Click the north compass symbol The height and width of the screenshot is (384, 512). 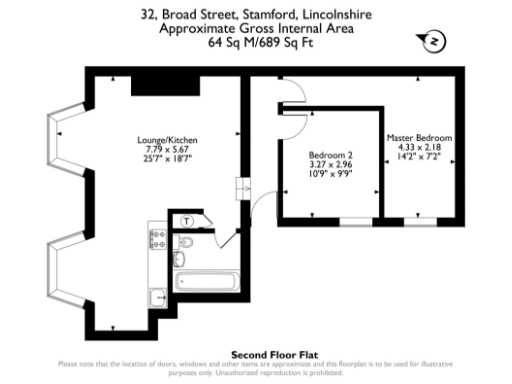pos(434,41)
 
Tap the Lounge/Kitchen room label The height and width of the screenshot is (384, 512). pos(169,139)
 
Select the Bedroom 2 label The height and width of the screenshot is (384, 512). pos(330,156)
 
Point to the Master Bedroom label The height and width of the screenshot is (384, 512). pos(420,137)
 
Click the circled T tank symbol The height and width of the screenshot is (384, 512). pos(187,221)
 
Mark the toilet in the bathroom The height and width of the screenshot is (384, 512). pos(188,244)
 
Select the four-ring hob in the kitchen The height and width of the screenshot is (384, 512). pos(157,239)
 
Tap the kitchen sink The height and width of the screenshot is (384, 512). pos(157,297)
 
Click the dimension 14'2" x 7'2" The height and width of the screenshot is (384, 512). pos(420,156)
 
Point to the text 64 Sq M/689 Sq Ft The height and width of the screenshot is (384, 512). pos(255,43)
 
